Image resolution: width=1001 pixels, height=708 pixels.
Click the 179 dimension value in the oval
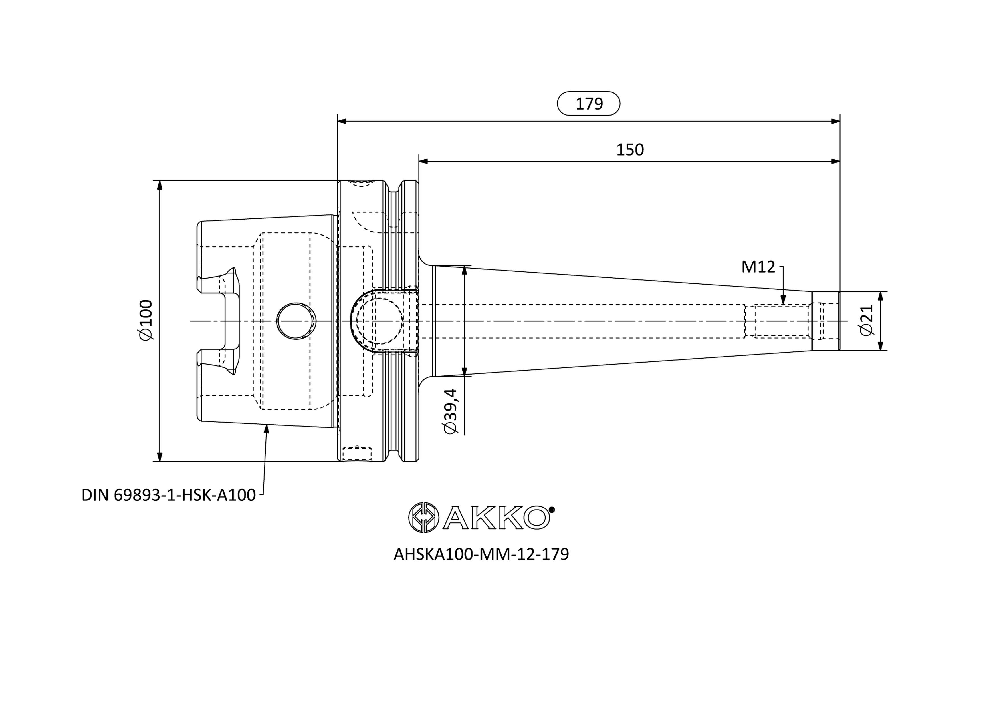point(589,104)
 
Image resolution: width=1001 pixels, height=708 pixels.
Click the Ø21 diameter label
point(867,320)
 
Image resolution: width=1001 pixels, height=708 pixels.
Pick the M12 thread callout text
point(759,267)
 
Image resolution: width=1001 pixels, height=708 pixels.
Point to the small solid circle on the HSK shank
point(296,321)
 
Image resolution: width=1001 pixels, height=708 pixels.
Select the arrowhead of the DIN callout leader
point(267,429)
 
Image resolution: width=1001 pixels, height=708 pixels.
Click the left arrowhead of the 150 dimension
point(423,161)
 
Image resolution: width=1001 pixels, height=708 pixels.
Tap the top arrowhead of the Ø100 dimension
point(160,185)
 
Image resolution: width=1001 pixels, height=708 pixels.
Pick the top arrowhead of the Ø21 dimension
point(880,297)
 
